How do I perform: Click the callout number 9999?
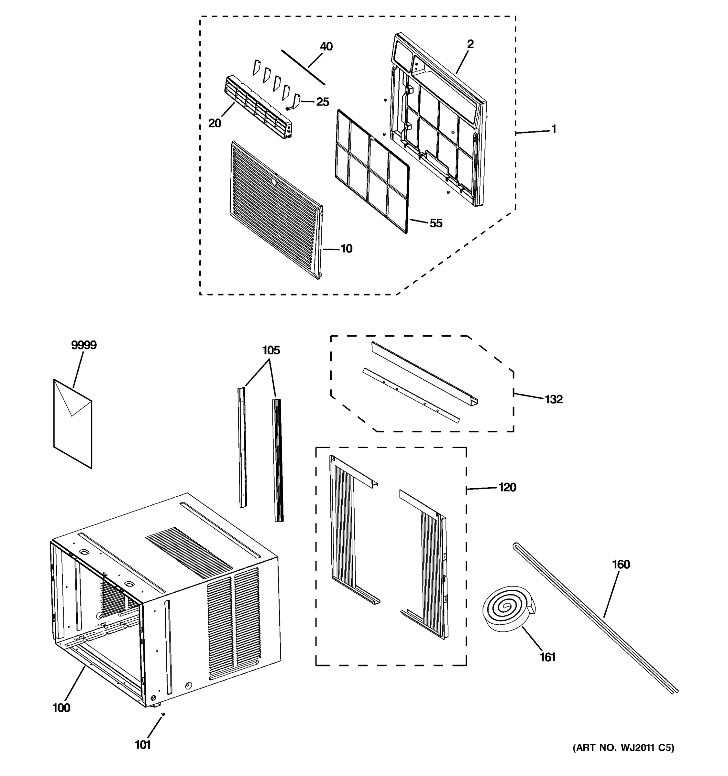click(x=83, y=345)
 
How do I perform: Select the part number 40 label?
click(x=326, y=47)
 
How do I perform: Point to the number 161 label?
click(x=547, y=657)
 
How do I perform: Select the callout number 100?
click(x=61, y=708)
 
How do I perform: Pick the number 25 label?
click(x=322, y=102)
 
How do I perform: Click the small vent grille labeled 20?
click(x=258, y=107)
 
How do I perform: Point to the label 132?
click(x=553, y=399)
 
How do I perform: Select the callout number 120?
click(x=507, y=487)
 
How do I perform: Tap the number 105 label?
click(x=271, y=350)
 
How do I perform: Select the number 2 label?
click(x=470, y=44)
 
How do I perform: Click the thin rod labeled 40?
click(x=303, y=67)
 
